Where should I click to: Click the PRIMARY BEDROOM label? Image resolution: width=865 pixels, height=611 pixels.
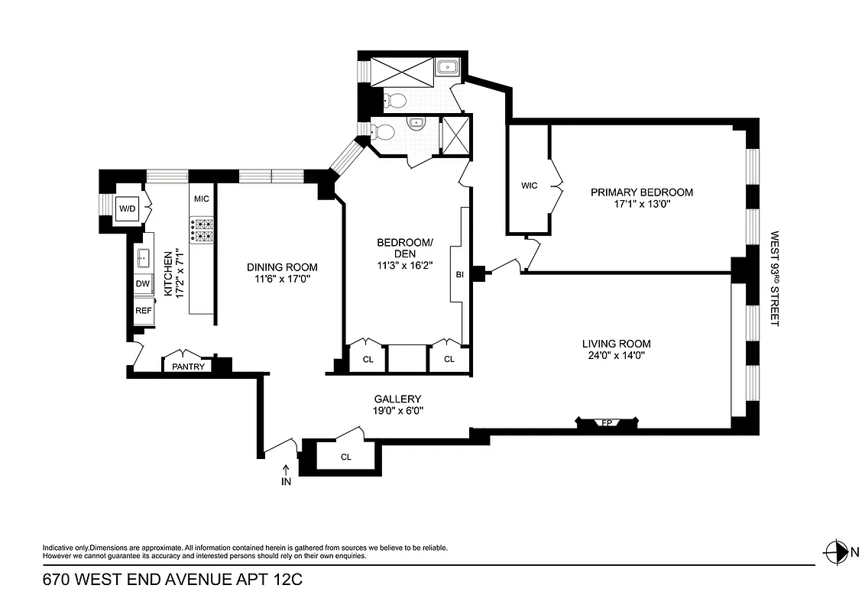coord(641,192)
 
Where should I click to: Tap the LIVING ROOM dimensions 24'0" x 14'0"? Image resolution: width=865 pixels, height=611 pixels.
coord(616,355)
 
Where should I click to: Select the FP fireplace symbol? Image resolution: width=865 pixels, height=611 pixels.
coord(607,422)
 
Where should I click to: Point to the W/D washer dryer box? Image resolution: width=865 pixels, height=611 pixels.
coord(126,208)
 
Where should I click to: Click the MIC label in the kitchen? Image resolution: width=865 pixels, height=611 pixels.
coord(201,199)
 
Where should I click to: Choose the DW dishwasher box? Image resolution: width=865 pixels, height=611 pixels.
coord(143,284)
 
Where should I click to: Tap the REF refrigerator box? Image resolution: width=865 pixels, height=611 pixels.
coord(143,310)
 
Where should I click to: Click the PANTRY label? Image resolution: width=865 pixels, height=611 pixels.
coord(188,367)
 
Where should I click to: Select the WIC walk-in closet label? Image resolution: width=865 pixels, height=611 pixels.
coord(530,186)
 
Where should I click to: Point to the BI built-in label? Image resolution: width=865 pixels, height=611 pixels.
coord(459,274)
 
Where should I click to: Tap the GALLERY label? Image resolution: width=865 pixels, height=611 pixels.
coord(397,399)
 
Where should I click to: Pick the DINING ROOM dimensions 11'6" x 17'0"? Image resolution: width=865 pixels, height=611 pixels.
coord(281,279)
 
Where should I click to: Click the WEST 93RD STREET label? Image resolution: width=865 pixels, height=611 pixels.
coord(773,279)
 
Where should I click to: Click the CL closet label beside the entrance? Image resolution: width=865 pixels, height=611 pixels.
coord(345,457)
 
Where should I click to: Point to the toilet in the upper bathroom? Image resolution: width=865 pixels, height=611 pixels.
coord(394,100)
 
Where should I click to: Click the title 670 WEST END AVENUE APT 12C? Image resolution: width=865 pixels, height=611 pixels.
coord(173,580)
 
